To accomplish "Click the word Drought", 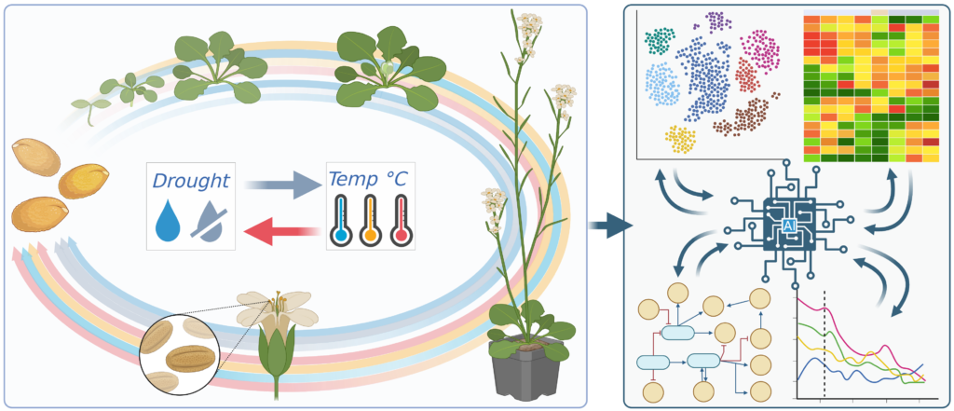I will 191,180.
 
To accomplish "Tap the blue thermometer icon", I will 341,221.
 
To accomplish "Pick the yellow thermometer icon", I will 371,221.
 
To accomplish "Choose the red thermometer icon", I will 401,221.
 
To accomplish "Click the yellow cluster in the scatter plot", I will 680,139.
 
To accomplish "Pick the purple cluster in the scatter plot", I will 717,21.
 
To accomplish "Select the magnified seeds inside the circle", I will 179,353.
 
